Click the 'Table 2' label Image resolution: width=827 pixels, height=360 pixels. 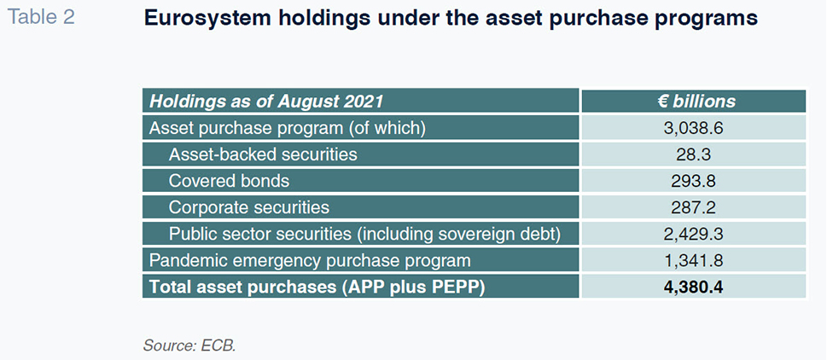click(x=41, y=17)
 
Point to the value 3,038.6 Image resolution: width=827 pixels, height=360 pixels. click(x=695, y=128)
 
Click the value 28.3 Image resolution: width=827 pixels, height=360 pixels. click(x=695, y=154)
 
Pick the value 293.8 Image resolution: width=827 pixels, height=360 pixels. click(x=695, y=181)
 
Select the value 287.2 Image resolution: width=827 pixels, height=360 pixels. click(x=695, y=207)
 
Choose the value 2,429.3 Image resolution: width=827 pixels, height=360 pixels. click(x=695, y=234)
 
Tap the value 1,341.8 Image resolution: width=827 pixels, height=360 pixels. click(x=695, y=260)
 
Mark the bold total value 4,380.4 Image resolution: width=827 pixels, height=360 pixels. click(x=695, y=287)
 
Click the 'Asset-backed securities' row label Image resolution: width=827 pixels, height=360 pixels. click(x=263, y=154)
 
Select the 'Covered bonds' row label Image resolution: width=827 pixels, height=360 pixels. click(x=229, y=181)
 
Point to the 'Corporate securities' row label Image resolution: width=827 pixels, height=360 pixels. click(x=249, y=207)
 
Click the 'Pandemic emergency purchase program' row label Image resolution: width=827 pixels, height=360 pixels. click(x=310, y=261)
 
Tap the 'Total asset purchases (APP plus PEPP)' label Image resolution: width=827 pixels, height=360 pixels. click(x=317, y=287)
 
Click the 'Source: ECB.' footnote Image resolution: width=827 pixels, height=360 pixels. click(x=189, y=346)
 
